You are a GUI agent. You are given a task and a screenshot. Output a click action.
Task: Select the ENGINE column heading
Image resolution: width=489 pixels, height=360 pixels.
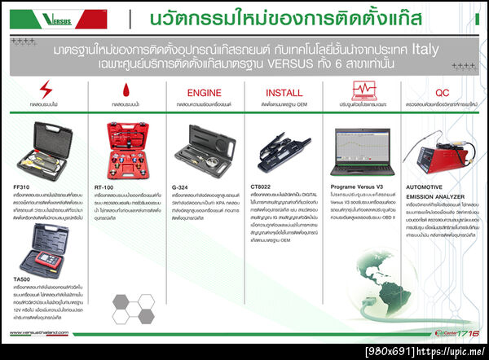coord(205,93)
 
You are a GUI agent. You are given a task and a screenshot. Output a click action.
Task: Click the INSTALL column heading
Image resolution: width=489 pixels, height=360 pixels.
coord(284,93)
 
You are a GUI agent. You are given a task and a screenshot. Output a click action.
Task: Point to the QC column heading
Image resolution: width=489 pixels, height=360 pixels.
coord(443,93)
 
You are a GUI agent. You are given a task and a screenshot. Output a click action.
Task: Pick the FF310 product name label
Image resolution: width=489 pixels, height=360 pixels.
coord(22,187)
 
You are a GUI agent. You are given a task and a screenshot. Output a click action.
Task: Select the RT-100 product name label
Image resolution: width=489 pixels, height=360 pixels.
coord(104,187)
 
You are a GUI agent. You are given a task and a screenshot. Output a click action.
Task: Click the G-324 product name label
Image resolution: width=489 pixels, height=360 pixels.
coord(182,187)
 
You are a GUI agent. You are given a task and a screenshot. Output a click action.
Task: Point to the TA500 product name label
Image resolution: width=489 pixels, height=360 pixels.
coord(23,278)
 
